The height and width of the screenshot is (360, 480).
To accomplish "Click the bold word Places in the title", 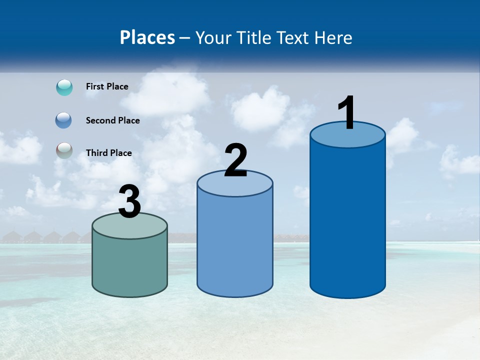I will point(147,37).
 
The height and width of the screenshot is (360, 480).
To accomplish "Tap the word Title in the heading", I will point(252,37).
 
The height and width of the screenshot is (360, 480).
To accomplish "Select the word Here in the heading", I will point(333,37).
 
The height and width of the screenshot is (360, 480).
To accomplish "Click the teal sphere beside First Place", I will point(64,87).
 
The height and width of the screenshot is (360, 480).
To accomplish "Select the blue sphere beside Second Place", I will point(63,120).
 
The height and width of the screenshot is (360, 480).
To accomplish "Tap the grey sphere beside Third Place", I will point(64,151).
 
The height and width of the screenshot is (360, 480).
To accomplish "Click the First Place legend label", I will point(107,86).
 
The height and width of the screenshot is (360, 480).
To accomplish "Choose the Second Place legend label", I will point(112,120).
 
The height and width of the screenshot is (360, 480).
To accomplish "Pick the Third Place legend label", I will point(108,153).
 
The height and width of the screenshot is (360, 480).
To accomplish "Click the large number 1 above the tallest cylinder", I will point(346,113).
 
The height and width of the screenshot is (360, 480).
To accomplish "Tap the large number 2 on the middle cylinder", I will point(235,160).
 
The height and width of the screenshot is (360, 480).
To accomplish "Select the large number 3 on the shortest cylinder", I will point(130,202).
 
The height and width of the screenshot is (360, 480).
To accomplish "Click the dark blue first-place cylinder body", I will point(347,220).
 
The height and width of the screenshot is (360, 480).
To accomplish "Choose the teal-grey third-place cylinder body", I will point(129,265).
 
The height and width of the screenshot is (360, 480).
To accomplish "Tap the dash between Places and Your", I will point(184,38).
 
